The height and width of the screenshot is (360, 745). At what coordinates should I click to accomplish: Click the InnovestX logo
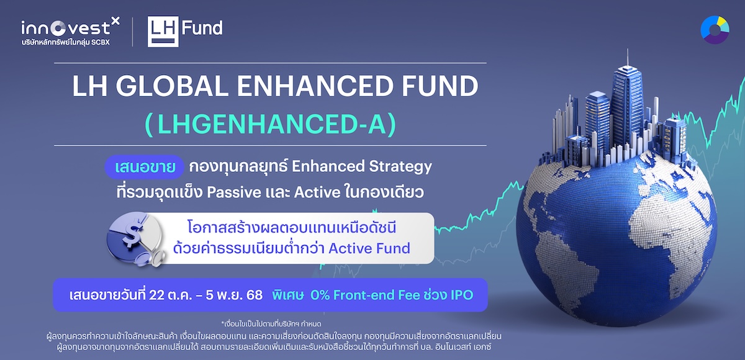point(70,31)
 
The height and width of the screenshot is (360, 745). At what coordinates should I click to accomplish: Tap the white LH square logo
point(163,32)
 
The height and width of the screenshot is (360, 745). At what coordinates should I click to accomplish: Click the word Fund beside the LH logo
point(202,28)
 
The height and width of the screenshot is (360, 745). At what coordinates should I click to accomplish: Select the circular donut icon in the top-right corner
point(715,30)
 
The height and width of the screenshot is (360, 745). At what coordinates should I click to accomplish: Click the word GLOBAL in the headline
point(172,86)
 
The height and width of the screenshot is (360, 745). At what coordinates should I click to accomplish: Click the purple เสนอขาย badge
point(145,167)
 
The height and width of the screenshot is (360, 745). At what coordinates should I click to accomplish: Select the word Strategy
point(400,167)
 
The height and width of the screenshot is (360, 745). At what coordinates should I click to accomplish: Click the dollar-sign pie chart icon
point(136,239)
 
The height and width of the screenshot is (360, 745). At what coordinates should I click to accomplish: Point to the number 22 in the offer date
point(157,295)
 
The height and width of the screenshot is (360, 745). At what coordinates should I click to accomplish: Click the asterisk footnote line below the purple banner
point(271,324)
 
